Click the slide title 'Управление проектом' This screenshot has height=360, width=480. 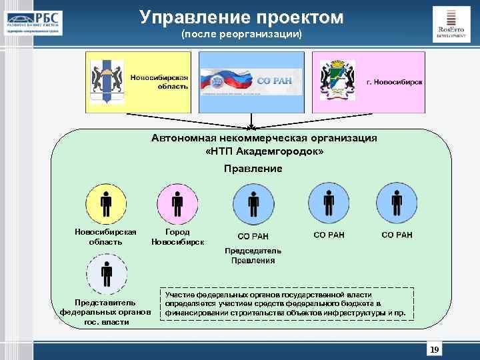pos(241,17)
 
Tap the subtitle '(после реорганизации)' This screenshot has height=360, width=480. pos(241,33)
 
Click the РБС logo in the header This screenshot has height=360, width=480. pos(33,21)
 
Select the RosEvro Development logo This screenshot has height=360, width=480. pos(451,24)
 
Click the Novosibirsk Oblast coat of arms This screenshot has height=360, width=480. pos(106,81)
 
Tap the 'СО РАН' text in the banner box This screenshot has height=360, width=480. pos(273,81)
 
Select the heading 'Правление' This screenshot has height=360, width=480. pos(253,169)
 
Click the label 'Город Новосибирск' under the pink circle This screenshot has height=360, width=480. pos(177,237)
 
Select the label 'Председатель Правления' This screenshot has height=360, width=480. pos(253,255)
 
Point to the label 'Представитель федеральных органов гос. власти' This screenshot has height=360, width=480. pos(106,312)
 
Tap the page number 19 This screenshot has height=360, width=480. pos(435,350)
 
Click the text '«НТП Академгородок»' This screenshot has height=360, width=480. pos(265,151)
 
